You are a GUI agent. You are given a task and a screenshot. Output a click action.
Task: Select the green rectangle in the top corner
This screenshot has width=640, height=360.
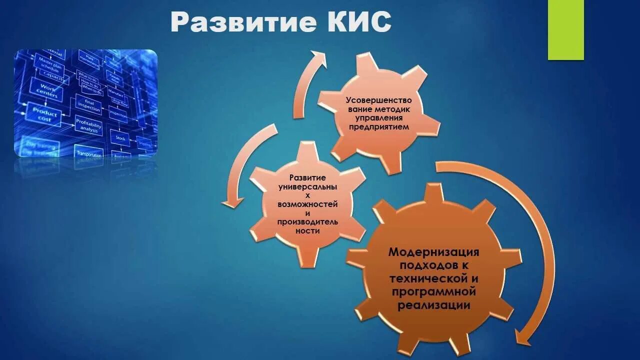click(x=565, y=30)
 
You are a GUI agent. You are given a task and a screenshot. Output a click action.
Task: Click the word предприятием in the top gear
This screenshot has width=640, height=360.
click(x=378, y=127)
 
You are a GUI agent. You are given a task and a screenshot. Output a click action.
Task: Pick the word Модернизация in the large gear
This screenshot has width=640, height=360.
click(x=433, y=251)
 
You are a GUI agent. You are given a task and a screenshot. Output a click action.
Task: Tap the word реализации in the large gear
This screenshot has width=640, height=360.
click(x=433, y=305)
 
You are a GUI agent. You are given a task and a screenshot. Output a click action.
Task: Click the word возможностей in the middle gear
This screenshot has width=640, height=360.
click(x=307, y=204)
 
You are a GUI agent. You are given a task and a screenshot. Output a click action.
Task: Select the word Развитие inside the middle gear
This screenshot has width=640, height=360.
click(x=307, y=178)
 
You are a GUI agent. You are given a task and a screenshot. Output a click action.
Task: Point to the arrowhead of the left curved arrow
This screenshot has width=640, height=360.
click(x=231, y=202)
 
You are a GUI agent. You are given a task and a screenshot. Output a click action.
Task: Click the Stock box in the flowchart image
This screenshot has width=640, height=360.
click(x=120, y=137)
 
